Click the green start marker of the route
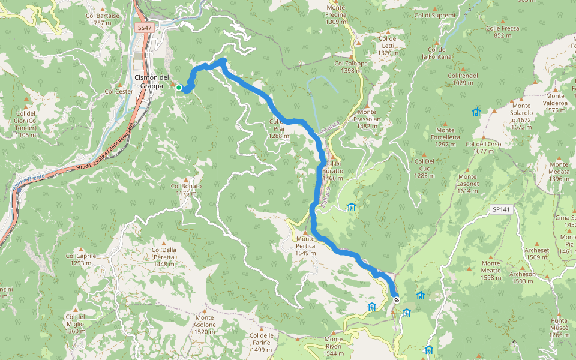[179, 88]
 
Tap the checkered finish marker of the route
[397, 299]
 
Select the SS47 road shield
[143, 28]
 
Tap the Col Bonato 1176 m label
[186, 190]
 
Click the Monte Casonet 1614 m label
[467, 184]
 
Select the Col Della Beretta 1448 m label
[164, 254]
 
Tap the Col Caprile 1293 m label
[81, 259]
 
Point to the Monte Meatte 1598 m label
[490, 270]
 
